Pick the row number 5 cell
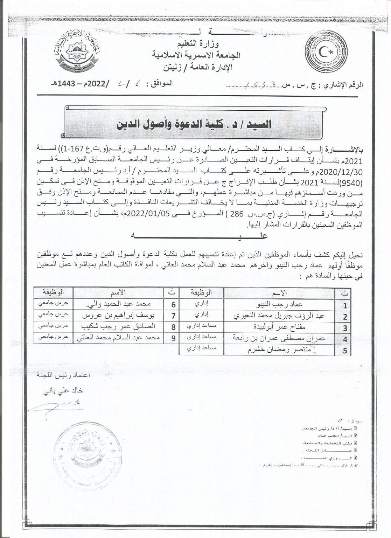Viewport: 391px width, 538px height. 345,351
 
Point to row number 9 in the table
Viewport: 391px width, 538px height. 173,338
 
